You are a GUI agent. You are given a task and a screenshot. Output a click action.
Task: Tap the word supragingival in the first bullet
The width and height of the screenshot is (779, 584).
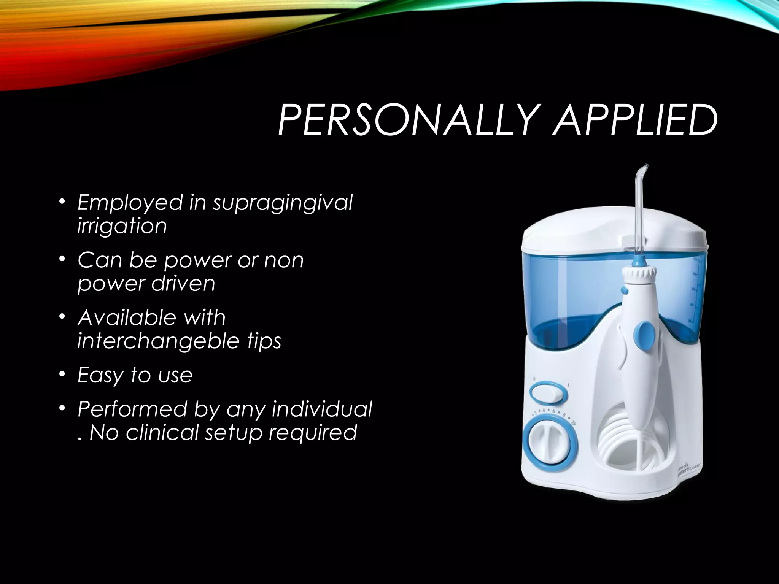tap(283, 203)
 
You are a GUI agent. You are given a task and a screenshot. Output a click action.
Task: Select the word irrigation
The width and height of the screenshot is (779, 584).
tap(122, 226)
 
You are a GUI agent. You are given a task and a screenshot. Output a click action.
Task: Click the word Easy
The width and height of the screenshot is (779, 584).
tap(100, 376)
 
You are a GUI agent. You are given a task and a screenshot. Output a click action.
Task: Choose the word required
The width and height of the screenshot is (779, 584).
tap(312, 433)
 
